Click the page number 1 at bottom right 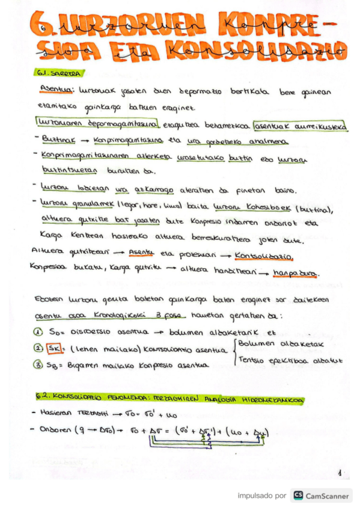[339, 473]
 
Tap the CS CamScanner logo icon [297, 496]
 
